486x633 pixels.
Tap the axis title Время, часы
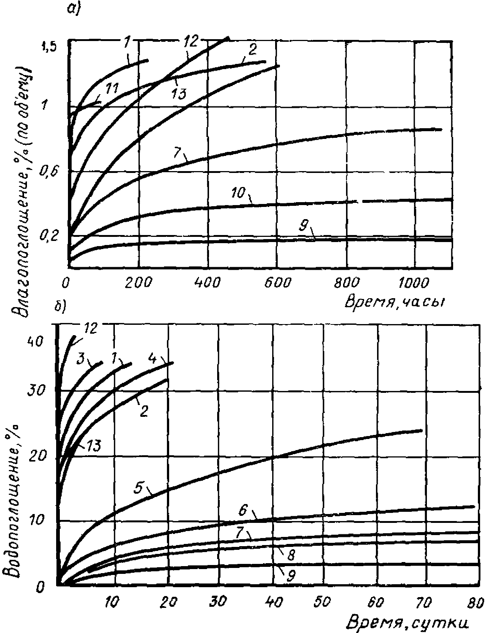(x=394, y=302)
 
